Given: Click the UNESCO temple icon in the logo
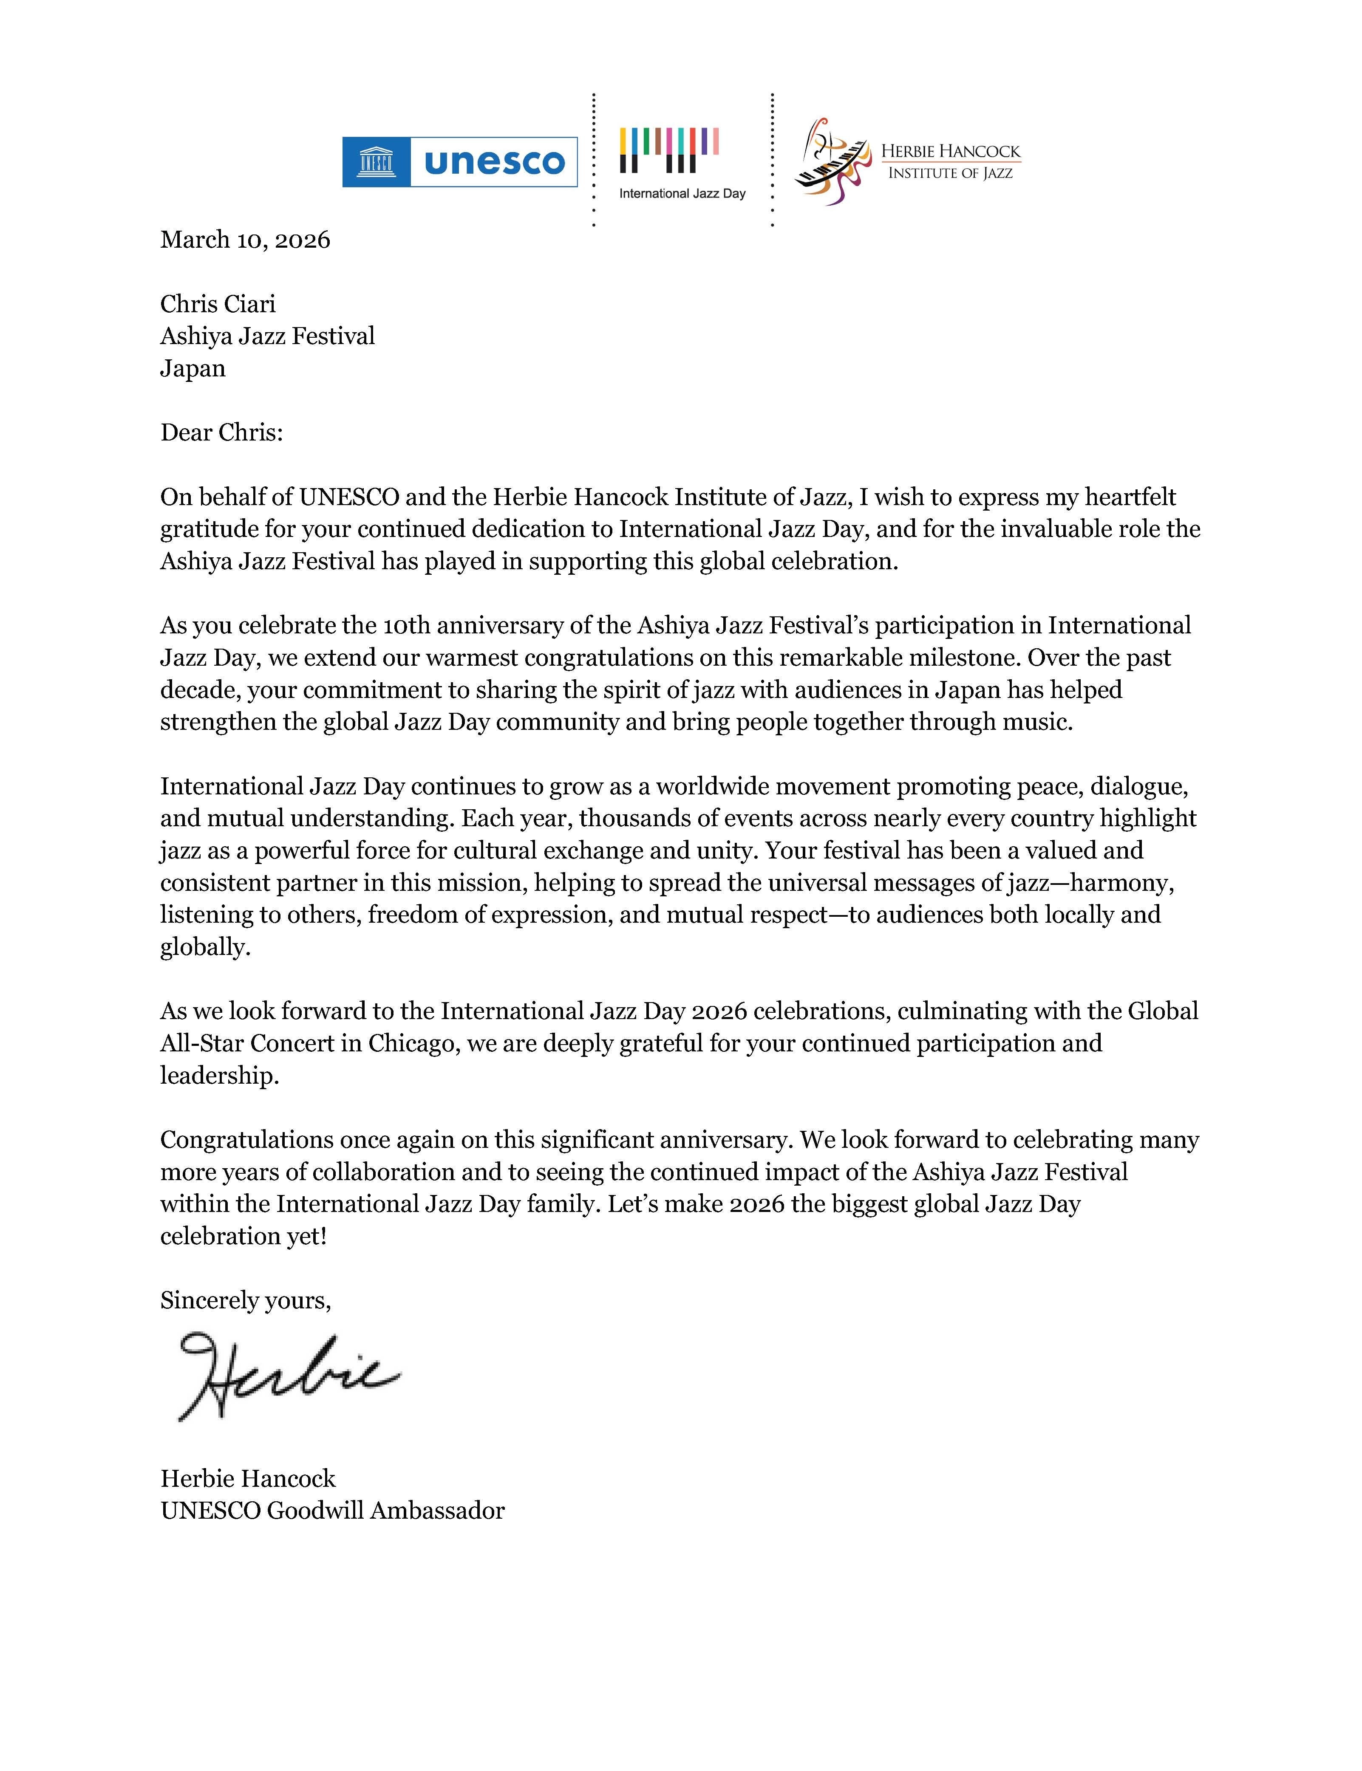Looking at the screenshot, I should coord(376,162).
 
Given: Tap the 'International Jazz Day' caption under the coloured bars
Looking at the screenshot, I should coord(682,194).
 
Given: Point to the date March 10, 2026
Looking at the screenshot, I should coord(245,240).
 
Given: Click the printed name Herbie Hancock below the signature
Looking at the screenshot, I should coord(247,1478).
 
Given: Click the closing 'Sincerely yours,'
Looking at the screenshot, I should coord(245,1300).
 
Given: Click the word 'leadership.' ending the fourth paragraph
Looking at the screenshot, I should coord(219,1076).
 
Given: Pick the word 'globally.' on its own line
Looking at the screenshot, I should coord(205,947).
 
